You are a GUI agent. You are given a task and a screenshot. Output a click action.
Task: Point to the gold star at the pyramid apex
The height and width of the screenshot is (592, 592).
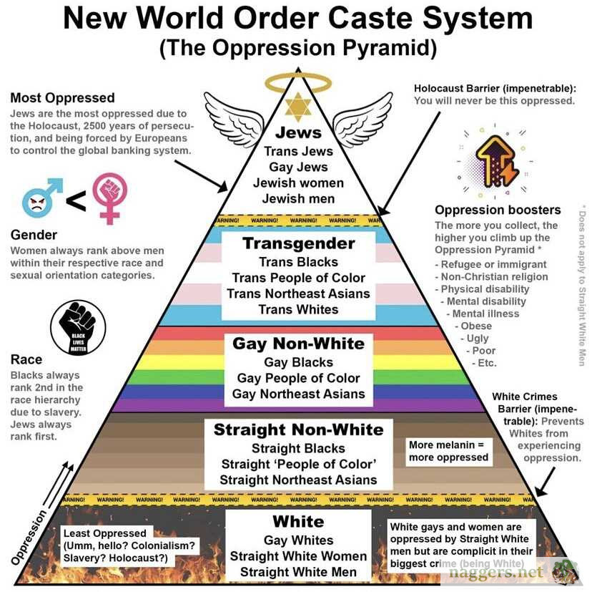tap(298, 108)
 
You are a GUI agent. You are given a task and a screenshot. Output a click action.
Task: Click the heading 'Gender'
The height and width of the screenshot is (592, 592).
tap(34, 235)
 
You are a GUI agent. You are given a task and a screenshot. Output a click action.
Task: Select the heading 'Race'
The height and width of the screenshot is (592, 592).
tap(26, 359)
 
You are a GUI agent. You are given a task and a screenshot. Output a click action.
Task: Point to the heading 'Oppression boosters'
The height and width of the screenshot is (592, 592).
tap(498, 210)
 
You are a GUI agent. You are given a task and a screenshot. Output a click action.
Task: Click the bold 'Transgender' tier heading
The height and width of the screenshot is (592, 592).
tap(298, 243)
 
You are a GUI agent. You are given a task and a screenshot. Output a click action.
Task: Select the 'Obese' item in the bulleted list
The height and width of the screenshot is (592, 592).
tap(475, 326)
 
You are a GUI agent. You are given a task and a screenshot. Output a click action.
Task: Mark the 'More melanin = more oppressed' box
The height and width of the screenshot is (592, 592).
tap(448, 450)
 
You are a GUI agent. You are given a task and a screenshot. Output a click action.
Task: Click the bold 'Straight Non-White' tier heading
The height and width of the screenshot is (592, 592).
tap(298, 430)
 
